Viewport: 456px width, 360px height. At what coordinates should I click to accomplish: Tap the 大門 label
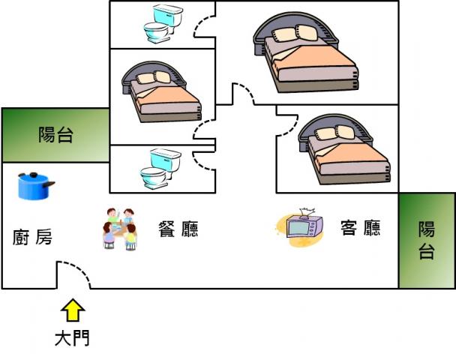pyautogui.click(x=73, y=338)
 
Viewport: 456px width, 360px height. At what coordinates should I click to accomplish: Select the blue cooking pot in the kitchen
pyautogui.click(x=34, y=186)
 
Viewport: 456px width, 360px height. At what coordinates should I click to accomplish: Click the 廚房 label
pyautogui.click(x=33, y=238)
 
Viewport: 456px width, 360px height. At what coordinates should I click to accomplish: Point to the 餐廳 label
pyautogui.click(x=178, y=229)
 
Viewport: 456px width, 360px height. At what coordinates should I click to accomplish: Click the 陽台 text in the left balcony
pyautogui.click(x=56, y=136)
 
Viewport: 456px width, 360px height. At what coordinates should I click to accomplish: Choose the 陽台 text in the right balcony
pyautogui.click(x=427, y=240)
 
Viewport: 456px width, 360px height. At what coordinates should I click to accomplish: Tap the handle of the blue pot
pyautogui.click(x=51, y=184)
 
